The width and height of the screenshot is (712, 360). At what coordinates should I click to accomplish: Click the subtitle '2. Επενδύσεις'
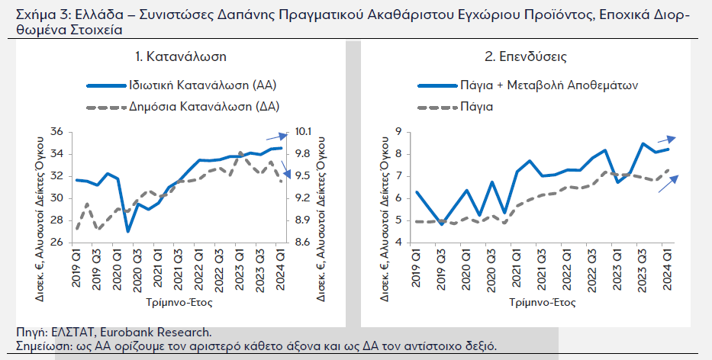526,56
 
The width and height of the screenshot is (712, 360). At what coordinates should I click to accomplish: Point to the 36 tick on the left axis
55,132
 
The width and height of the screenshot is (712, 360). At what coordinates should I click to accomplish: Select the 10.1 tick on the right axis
303,132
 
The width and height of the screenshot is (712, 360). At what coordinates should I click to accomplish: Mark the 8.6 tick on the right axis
303,243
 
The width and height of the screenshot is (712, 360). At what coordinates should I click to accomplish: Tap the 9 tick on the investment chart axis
396,132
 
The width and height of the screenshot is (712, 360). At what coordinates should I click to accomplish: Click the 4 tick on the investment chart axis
396,243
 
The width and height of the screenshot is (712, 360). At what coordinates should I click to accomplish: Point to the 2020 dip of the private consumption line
128,231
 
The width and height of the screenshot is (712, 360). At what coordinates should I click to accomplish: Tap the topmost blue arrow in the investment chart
666,139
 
